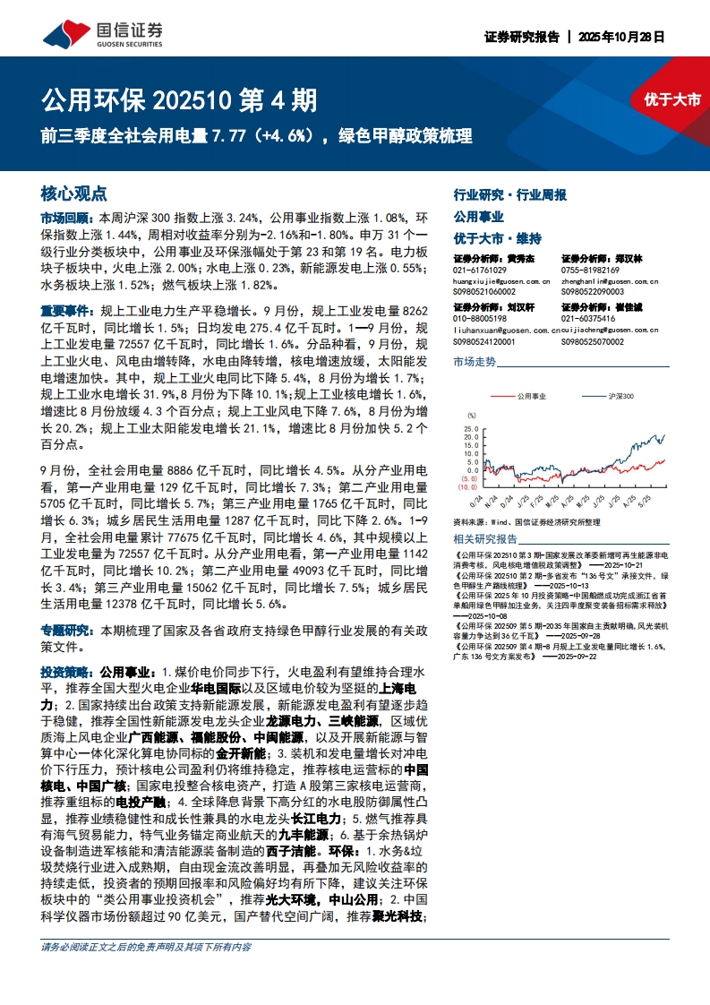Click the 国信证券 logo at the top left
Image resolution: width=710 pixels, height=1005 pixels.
tap(104, 33)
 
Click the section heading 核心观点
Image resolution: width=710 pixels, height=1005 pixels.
tap(74, 193)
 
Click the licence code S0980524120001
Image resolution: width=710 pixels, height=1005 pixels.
tap(484, 341)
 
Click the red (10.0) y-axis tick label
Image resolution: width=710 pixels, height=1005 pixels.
tap(470, 487)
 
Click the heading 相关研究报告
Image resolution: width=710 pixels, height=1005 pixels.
tap(485, 539)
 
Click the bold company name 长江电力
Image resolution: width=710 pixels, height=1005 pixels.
tap(317, 819)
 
